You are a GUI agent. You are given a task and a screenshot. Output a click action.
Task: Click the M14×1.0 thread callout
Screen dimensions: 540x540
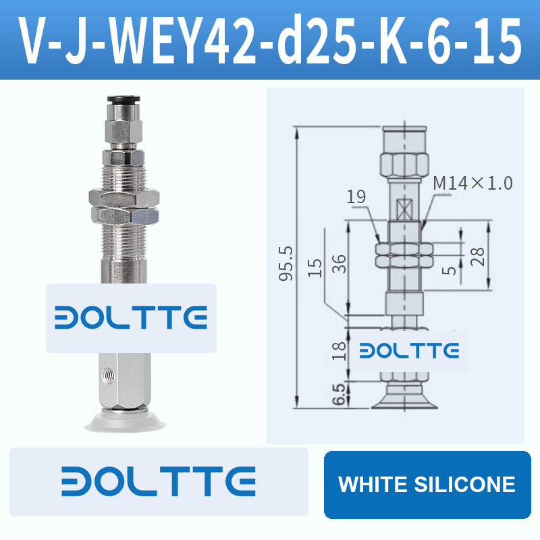click(x=473, y=183)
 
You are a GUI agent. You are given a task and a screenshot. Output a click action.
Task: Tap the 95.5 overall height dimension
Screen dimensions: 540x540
click(x=286, y=263)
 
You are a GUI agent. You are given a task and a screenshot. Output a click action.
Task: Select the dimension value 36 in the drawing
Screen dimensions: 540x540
click(x=339, y=264)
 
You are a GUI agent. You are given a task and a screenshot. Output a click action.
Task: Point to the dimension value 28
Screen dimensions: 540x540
click(x=478, y=256)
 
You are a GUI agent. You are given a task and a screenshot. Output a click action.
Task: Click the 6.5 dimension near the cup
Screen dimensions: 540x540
click(x=339, y=394)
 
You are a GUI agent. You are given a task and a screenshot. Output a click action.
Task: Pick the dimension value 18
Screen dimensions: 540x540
click(x=339, y=351)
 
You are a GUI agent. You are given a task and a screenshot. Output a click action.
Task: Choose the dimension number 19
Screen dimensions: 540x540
click(x=356, y=196)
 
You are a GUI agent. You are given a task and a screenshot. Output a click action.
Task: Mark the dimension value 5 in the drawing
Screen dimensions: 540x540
click(x=449, y=271)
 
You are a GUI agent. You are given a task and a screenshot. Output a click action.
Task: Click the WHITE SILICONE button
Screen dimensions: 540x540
click(x=427, y=484)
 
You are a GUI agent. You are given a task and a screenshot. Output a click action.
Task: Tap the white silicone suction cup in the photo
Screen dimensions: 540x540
click(x=125, y=421)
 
